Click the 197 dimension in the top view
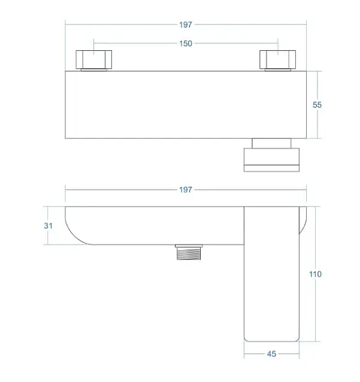[x=186, y=25]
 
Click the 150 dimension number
[x=186, y=44]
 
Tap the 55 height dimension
[x=317, y=105]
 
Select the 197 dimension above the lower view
[x=186, y=190]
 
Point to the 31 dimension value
[x=48, y=226]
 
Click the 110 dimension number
[x=315, y=274]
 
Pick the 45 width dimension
[x=271, y=354]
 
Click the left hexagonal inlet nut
[x=94, y=59]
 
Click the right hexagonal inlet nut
[x=277, y=59]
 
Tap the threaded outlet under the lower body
[x=189, y=253]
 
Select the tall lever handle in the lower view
[x=271, y=274]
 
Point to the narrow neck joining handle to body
[x=271, y=143]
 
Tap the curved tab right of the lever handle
[x=302, y=220]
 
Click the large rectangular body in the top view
[x=186, y=105]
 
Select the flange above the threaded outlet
[x=189, y=246]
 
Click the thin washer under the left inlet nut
[x=94, y=70]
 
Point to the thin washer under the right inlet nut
[x=277, y=70]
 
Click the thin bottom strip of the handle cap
[x=271, y=168]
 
